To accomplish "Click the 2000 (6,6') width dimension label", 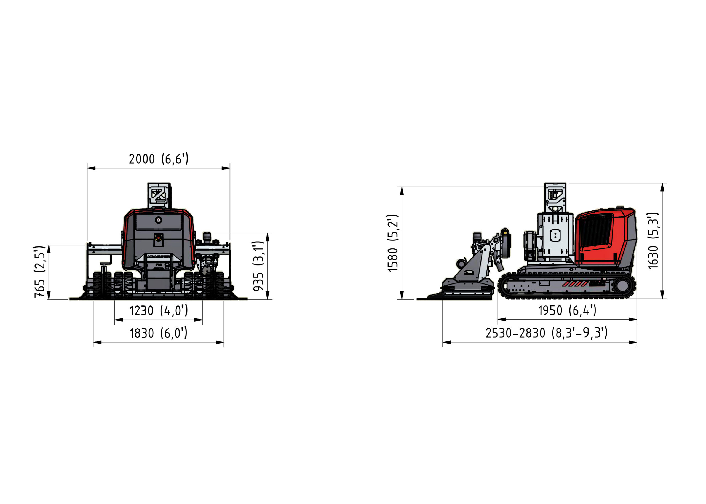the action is (159, 159).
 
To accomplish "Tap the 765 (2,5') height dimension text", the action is (40, 272).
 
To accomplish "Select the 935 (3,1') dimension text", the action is (258, 266).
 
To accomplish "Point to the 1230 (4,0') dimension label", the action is (159, 310).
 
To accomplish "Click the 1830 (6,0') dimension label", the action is (159, 333).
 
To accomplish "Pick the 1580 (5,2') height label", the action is (392, 243).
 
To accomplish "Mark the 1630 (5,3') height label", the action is (653, 240).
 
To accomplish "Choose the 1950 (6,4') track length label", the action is (567, 310).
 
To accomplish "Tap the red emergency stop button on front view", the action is (159, 238).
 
